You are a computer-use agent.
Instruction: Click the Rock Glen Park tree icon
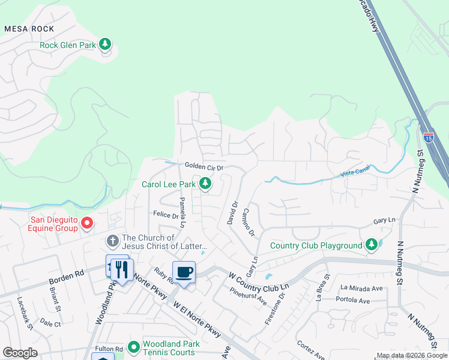pyautogui.click(x=106, y=44)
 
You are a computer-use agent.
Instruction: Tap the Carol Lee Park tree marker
pyautogui.click(x=205, y=184)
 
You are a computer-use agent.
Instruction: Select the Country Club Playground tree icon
pyautogui.click(x=372, y=245)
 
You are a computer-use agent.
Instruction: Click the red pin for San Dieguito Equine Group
pyautogui.click(x=87, y=224)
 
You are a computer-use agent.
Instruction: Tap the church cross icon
pyautogui.click(x=112, y=241)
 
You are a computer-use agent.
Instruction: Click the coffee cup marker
pyautogui.click(x=184, y=272)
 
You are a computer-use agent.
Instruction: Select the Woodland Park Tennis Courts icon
pyautogui.click(x=133, y=347)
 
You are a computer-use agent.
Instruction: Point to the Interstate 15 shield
pyautogui.click(x=428, y=137)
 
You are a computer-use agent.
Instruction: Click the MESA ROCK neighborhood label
pyautogui.click(x=29, y=29)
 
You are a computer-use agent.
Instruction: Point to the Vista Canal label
pyautogui.click(x=354, y=173)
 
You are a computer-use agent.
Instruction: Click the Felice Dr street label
pyautogui.click(x=166, y=214)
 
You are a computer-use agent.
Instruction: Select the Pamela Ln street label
pyautogui.click(x=182, y=212)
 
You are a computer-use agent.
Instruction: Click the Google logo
pyautogui.click(x=20, y=353)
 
